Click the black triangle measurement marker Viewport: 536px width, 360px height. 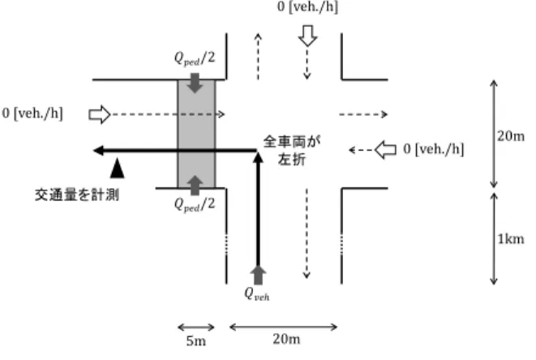point(118,168)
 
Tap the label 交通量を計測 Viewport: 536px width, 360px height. point(77,195)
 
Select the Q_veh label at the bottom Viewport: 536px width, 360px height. point(257,294)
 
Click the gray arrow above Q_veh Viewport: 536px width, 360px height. point(258,275)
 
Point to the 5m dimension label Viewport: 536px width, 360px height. point(196,341)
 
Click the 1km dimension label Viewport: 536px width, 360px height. point(510,239)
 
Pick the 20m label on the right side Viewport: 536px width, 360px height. point(511,136)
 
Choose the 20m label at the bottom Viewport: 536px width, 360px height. point(286,339)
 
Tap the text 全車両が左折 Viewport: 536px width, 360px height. point(292,151)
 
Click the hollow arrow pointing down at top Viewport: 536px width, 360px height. point(307,36)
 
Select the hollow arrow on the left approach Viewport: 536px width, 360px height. point(100,114)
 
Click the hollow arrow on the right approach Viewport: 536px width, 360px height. point(385,150)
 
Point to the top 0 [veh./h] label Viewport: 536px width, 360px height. point(307,6)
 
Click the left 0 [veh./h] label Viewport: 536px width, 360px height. point(32,114)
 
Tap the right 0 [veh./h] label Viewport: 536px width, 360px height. point(434,149)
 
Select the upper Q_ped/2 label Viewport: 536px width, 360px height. point(195,58)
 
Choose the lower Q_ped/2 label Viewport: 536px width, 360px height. point(195,204)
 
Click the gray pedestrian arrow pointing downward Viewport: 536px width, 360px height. point(195,83)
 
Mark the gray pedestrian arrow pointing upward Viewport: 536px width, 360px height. point(195,186)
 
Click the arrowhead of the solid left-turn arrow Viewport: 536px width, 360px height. point(98,150)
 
